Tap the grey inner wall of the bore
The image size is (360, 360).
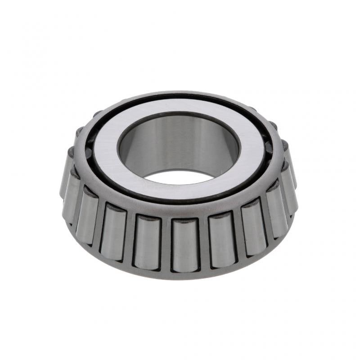point(180,144)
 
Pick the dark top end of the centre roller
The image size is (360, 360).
point(185,221)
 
